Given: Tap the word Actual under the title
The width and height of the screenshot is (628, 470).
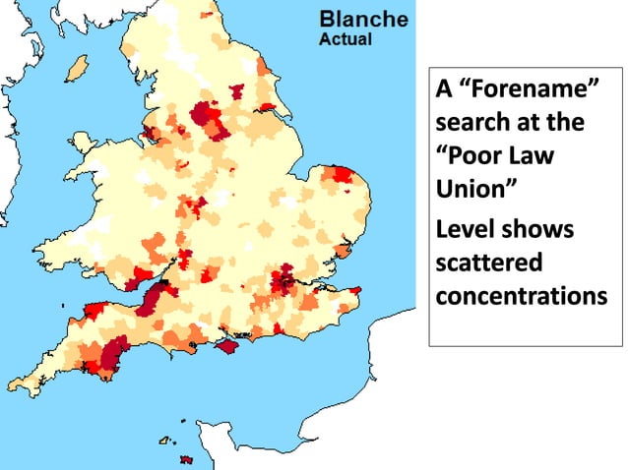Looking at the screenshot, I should tap(345, 40).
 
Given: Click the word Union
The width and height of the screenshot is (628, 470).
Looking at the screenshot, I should tap(472, 187).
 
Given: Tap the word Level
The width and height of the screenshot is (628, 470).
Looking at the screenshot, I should tap(466, 230).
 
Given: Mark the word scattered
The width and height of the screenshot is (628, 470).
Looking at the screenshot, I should tap(487, 263).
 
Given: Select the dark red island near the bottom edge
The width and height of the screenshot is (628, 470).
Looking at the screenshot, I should tap(185, 459).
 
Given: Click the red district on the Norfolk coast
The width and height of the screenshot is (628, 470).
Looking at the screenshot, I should tap(343, 175).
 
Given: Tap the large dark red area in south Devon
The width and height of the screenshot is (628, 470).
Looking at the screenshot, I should tap(114, 354).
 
